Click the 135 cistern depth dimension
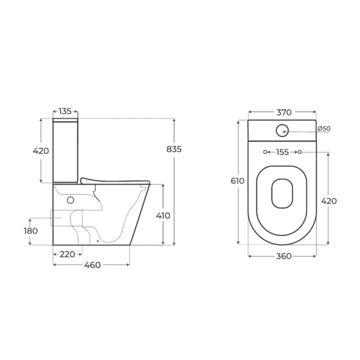65,111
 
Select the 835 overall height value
174,149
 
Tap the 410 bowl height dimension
163,216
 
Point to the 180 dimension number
31,231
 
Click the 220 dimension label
67,254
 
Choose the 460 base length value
92,265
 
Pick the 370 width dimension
284,112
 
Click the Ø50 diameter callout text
324,128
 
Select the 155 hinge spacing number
283,152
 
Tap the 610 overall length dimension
237,181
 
